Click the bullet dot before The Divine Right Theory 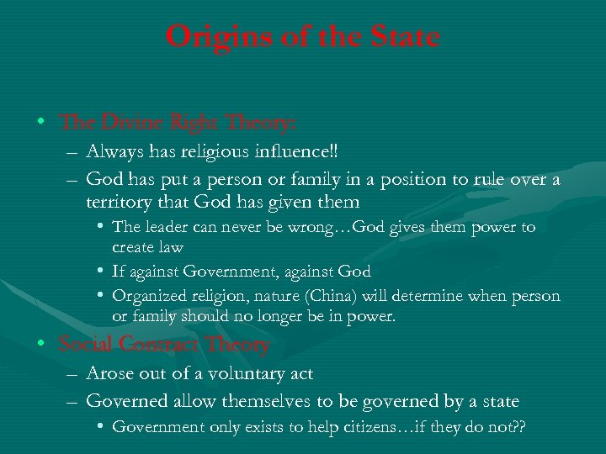41,123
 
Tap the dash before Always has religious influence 68,154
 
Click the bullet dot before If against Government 101,272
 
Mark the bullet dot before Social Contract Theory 41,344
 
